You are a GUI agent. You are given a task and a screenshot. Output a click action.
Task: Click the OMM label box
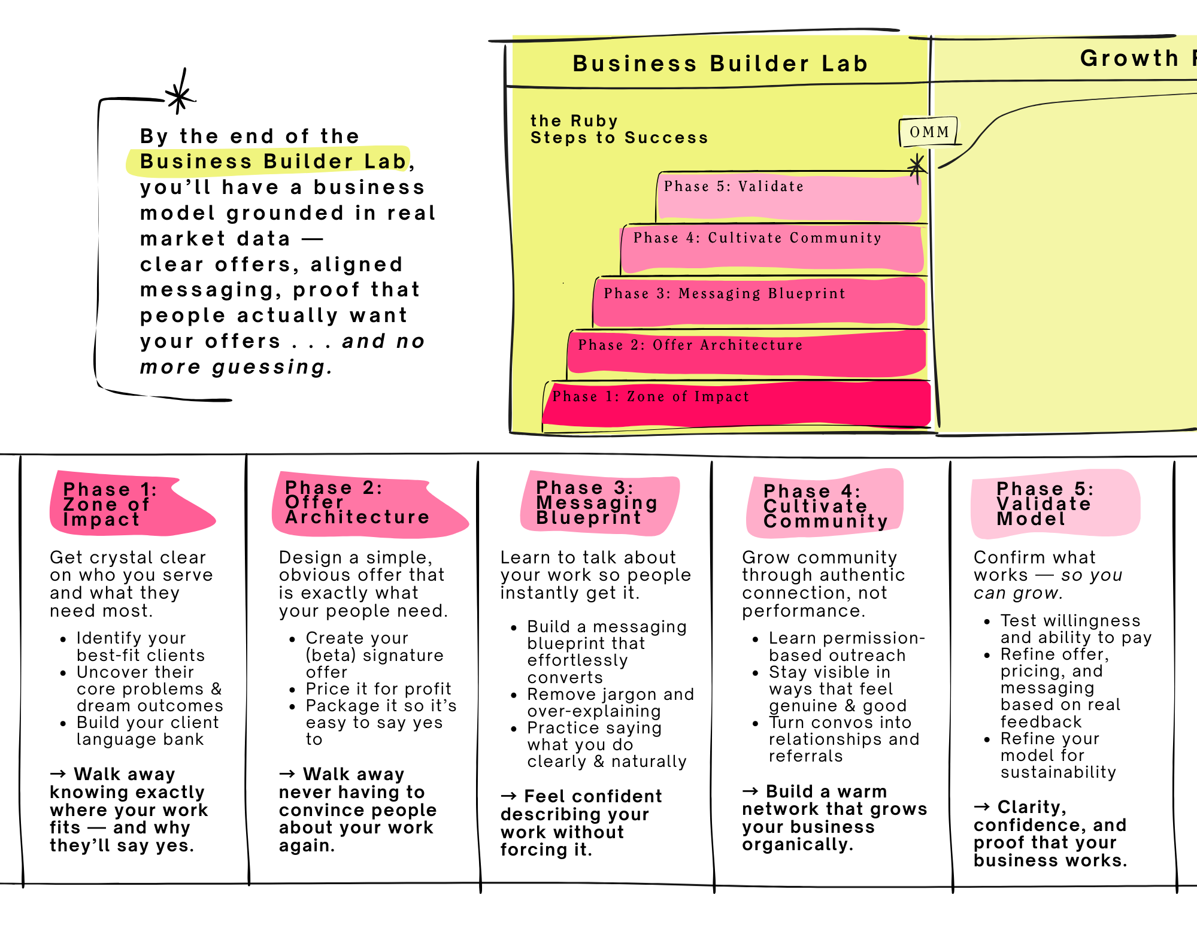point(929,132)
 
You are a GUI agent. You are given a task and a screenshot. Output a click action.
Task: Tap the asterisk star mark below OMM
point(916,166)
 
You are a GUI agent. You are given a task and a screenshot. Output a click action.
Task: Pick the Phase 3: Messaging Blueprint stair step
point(759,302)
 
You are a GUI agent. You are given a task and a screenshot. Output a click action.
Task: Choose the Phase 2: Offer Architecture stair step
point(747,353)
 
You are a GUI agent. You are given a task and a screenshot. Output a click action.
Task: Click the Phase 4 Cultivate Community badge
point(825,504)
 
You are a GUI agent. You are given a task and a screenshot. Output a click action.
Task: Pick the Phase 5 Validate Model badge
point(1054,504)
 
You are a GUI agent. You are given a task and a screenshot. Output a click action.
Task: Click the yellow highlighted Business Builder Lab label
point(269,161)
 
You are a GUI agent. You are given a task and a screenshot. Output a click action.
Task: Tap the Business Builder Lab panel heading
point(720,63)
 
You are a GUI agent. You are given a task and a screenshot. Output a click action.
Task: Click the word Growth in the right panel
point(1129,58)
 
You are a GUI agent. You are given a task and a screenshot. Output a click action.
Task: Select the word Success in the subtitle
point(666,138)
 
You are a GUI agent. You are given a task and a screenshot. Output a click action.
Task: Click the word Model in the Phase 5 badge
point(1031,519)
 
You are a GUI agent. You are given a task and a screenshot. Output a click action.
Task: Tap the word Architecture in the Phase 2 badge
point(357,517)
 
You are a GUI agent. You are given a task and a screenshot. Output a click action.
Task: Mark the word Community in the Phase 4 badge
point(826,521)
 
